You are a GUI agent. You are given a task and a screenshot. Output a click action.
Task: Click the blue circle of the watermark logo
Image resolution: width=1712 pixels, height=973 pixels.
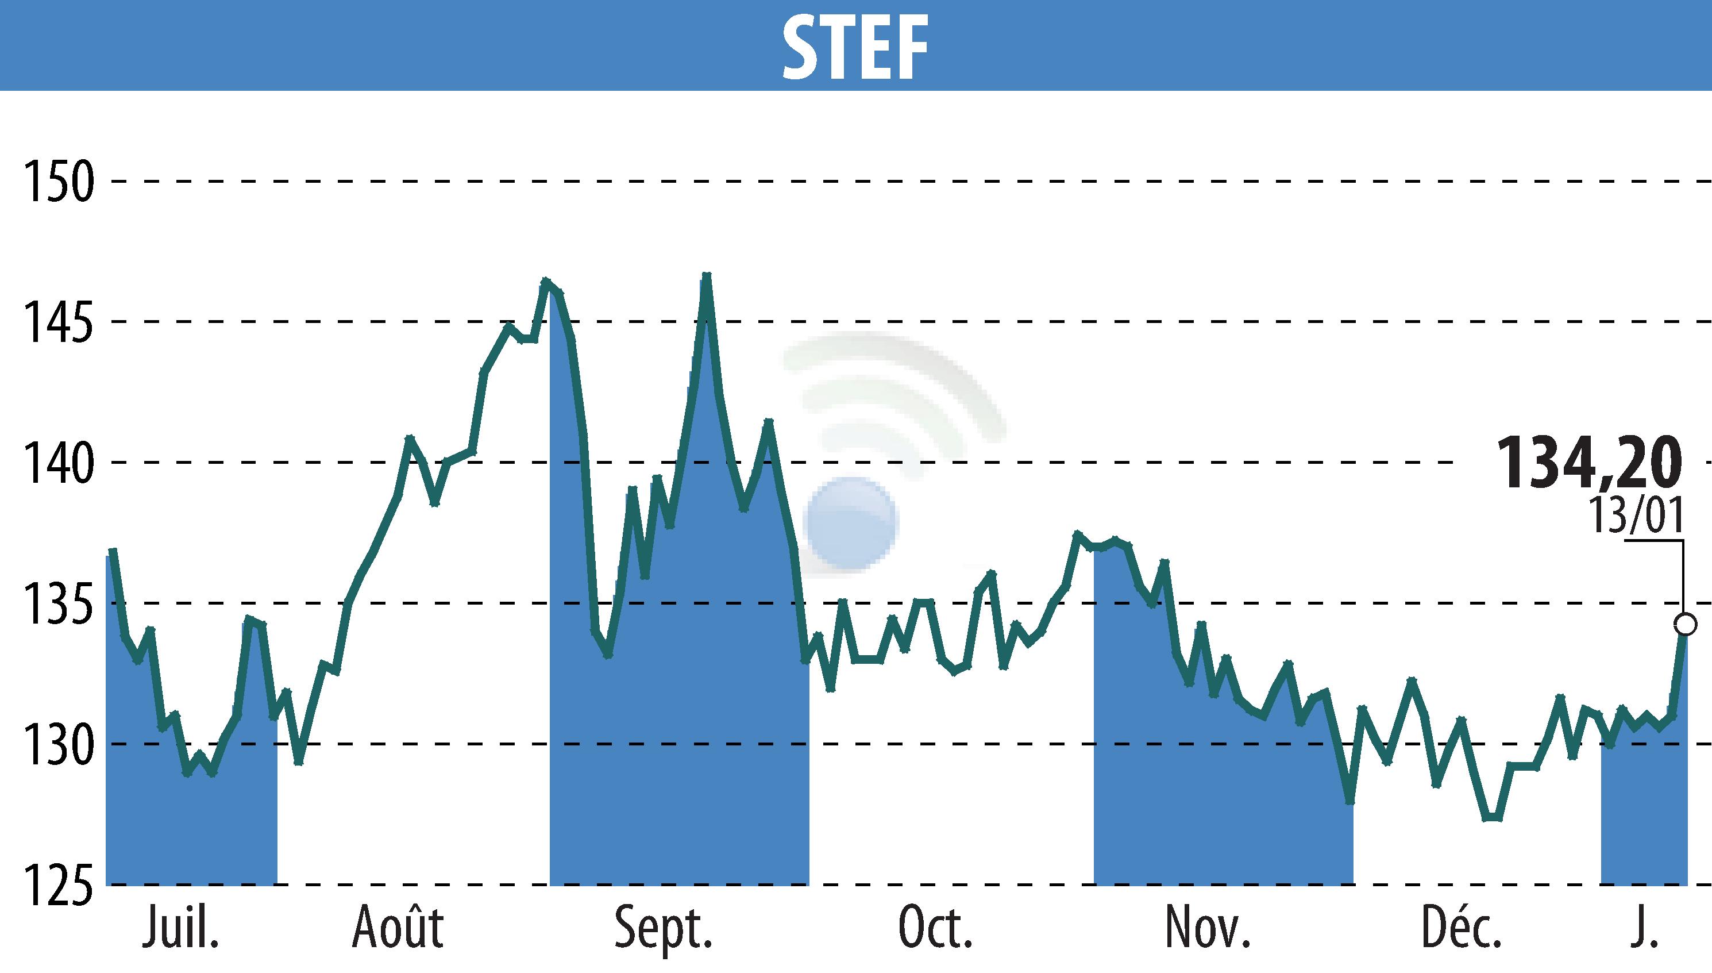click(851, 523)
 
